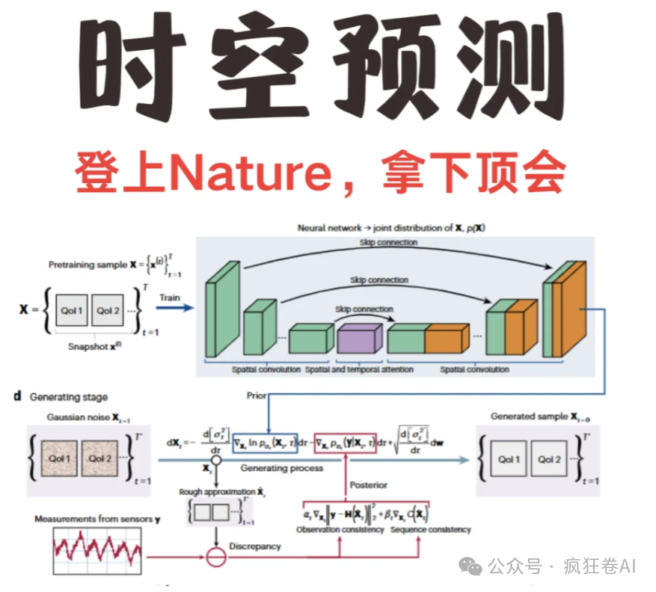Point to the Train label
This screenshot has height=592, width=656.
pos(170,297)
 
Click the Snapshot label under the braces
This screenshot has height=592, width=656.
pos(90,347)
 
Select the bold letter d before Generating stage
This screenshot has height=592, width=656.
pos(16,397)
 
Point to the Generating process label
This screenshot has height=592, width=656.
pos(282,468)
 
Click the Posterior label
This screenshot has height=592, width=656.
pos(369,485)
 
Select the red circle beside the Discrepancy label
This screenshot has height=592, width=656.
pos(215,555)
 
